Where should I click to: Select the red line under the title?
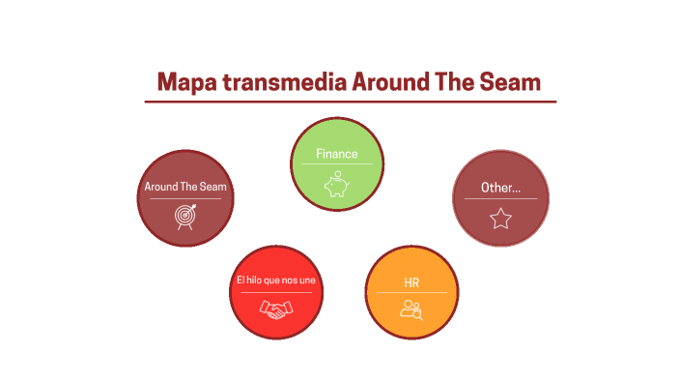350,101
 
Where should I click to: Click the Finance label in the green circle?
336,154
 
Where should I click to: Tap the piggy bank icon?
336,184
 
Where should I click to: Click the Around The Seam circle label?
184,187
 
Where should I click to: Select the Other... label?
500,188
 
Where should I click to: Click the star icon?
500,219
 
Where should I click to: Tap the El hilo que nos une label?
275,280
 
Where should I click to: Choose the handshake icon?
275,309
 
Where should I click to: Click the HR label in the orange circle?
411,282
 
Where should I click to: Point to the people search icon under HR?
412,309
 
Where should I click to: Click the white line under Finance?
336,164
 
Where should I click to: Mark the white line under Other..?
500,199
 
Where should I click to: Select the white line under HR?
411,292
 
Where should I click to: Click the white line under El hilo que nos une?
275,292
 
